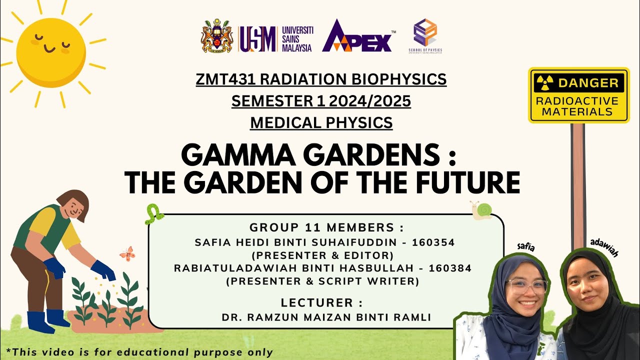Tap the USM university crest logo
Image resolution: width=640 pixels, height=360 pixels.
pyautogui.click(x=217, y=36)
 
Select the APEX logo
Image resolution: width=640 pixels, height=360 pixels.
pyautogui.click(x=357, y=37)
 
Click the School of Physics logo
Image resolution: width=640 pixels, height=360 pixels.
pyautogui.click(x=424, y=33)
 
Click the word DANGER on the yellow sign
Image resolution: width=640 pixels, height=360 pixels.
pyautogui.click(x=588, y=83)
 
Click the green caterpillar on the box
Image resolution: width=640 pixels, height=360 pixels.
pyautogui.click(x=154, y=214)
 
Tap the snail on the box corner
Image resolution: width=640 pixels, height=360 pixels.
pyautogui.click(x=480, y=210)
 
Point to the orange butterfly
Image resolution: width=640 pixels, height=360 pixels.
pyautogui.click(x=127, y=253)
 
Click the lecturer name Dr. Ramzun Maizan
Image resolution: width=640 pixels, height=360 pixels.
pyautogui.click(x=326, y=317)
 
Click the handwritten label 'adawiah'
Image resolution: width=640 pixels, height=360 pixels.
pyautogui.click(x=604, y=247)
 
